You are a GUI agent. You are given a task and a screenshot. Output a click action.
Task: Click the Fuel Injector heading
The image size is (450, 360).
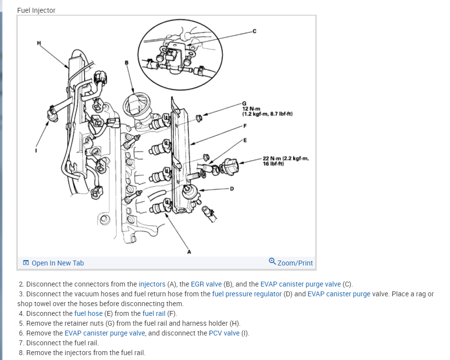point(36,10)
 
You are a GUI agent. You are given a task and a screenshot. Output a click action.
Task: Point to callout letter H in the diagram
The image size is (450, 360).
point(39,43)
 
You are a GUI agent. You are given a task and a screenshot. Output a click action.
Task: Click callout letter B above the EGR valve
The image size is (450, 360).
point(126,62)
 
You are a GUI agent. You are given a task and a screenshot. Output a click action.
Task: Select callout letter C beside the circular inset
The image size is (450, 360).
point(254,32)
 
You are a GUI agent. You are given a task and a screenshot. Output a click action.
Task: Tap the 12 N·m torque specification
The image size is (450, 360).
point(266,111)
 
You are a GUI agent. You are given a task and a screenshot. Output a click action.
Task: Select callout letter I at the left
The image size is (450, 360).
point(35,150)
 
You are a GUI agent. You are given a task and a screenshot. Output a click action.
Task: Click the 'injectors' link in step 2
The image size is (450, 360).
point(152,284)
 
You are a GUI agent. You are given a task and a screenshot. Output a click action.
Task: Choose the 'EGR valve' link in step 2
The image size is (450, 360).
point(206,284)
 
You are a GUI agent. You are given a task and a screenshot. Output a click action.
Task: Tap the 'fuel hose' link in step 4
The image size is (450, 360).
point(89,313)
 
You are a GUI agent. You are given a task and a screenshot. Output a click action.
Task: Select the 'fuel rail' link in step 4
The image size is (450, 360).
point(154,313)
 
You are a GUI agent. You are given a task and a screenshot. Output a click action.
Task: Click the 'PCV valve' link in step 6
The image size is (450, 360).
point(224,333)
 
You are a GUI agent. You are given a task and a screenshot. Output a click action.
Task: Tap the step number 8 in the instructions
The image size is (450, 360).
point(21,353)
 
